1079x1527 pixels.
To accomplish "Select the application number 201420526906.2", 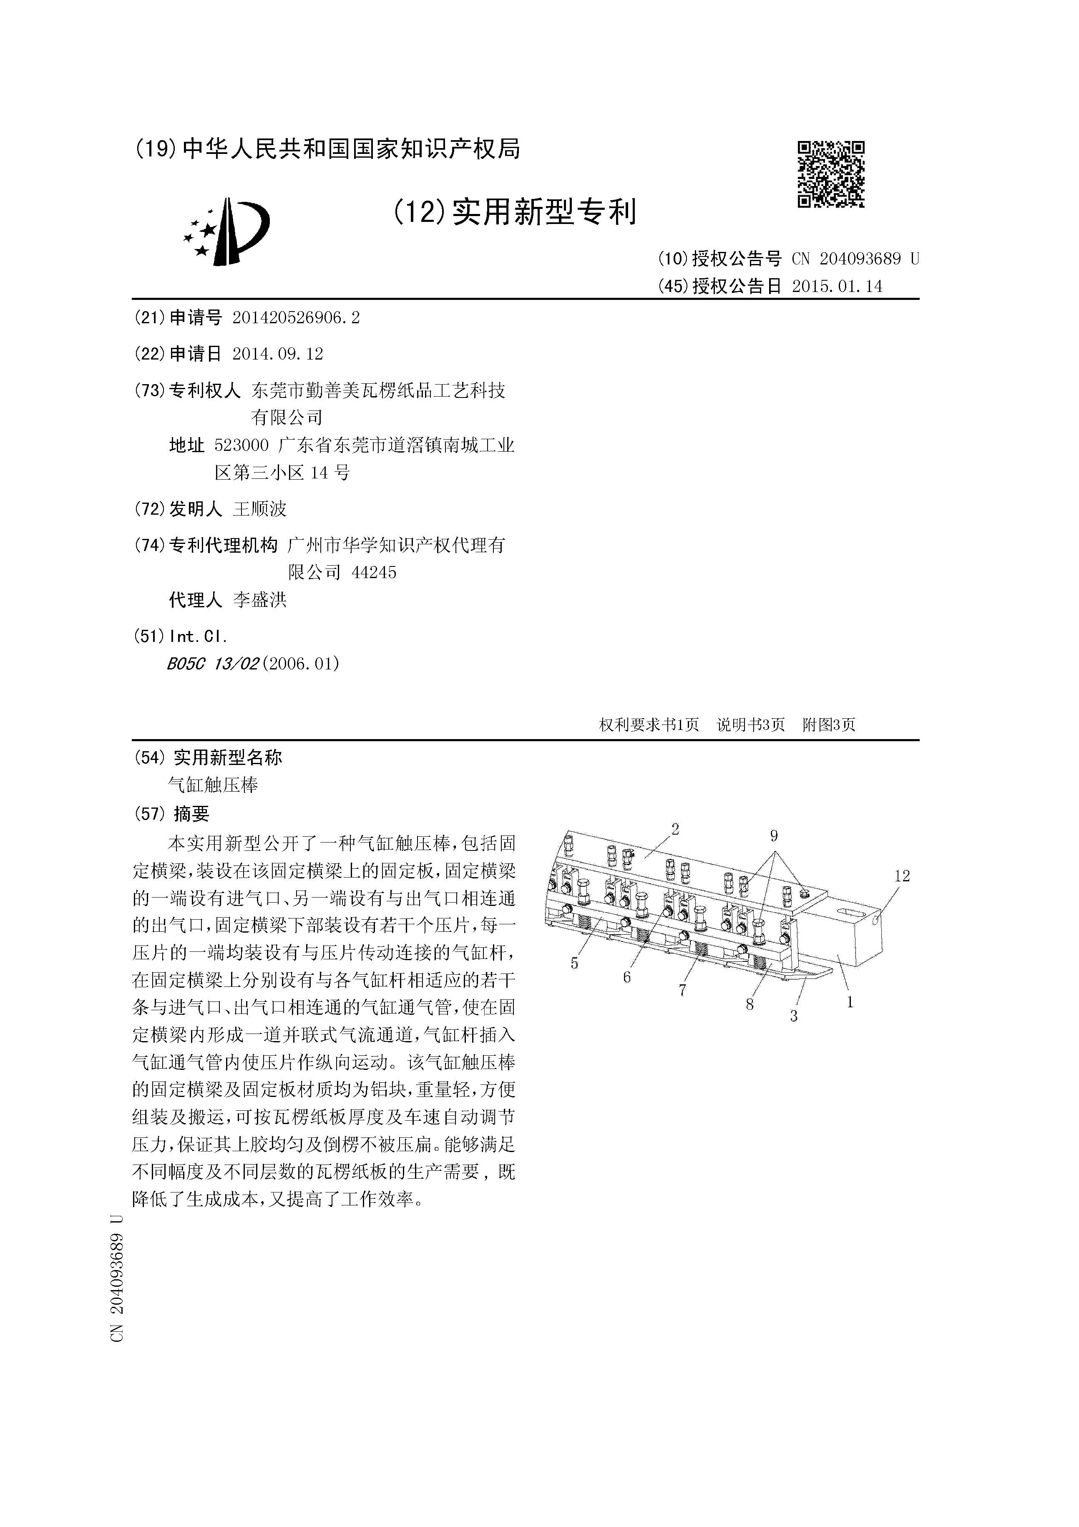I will (296, 318).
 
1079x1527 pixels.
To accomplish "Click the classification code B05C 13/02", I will (213, 663).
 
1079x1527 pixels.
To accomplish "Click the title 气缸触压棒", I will (213, 785).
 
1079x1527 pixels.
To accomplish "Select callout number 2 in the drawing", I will (675, 829).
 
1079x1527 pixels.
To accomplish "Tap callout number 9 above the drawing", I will (774, 836).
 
